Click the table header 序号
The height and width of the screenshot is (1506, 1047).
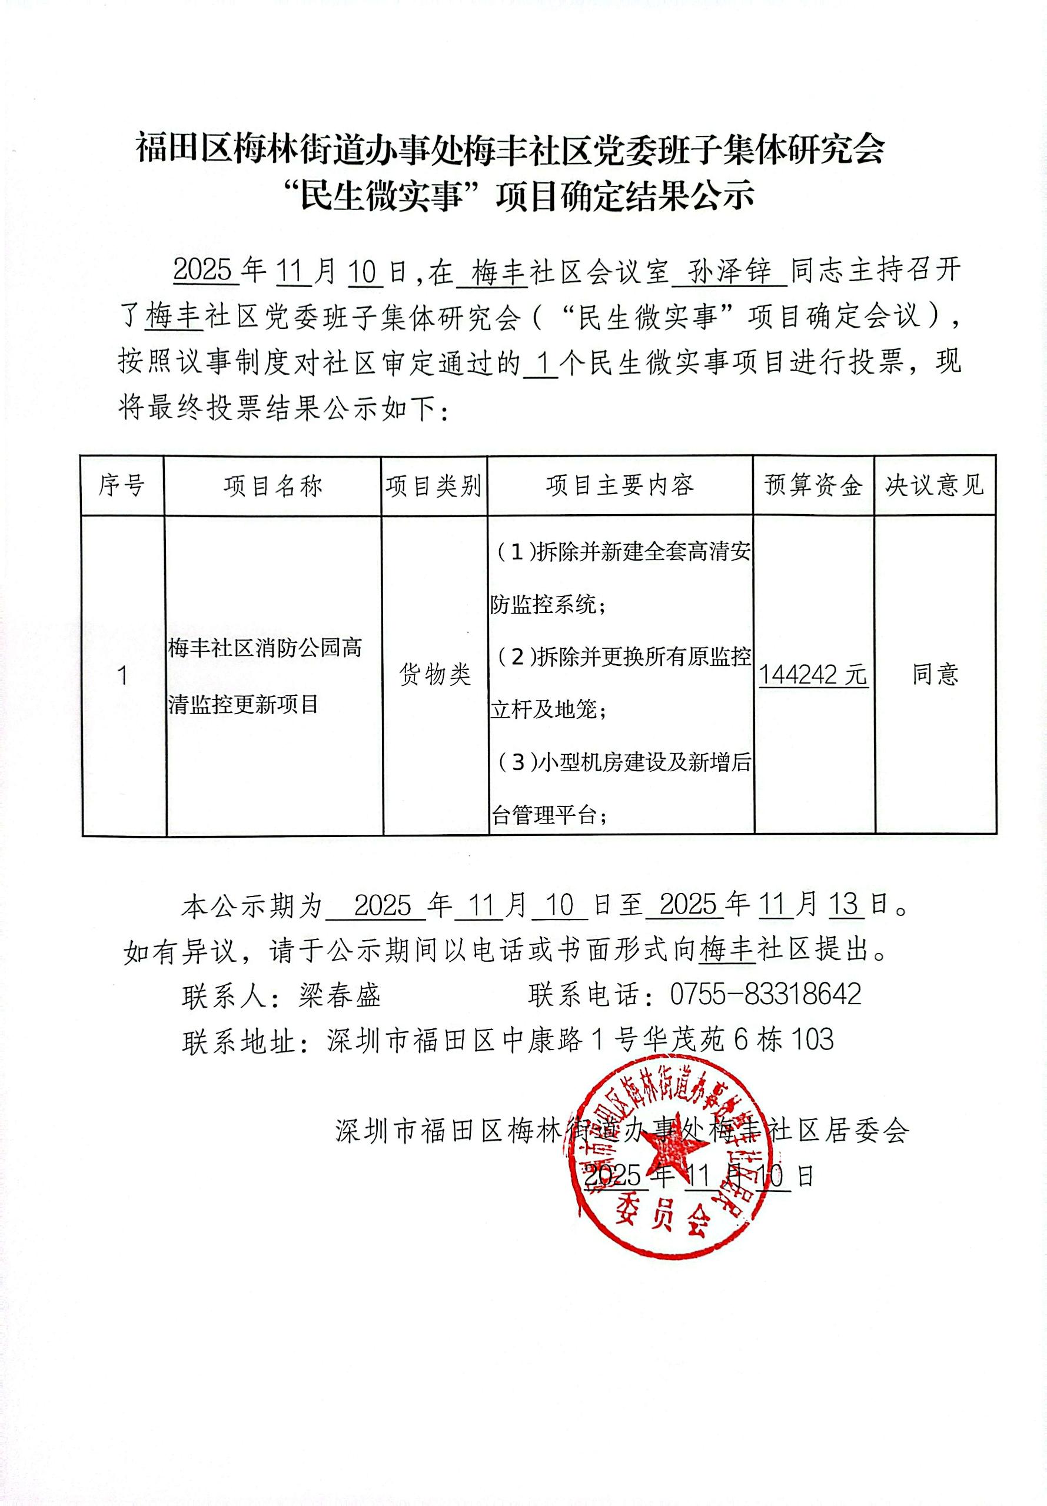click(121, 486)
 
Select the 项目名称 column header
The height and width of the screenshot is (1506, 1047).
click(272, 486)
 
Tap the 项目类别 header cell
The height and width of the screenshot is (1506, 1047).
click(434, 486)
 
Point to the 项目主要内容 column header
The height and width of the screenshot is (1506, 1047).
click(619, 485)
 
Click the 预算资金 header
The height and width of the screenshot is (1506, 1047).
click(813, 485)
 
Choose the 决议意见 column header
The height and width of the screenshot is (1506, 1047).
click(934, 485)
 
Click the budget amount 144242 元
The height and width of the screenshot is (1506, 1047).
click(813, 675)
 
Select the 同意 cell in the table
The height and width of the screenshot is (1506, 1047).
click(935, 674)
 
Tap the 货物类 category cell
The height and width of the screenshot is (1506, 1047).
click(434, 674)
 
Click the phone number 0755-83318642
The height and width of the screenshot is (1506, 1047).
click(765, 995)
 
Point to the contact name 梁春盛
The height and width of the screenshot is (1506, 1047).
click(339, 996)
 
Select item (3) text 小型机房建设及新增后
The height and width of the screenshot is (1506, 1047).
click(643, 762)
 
